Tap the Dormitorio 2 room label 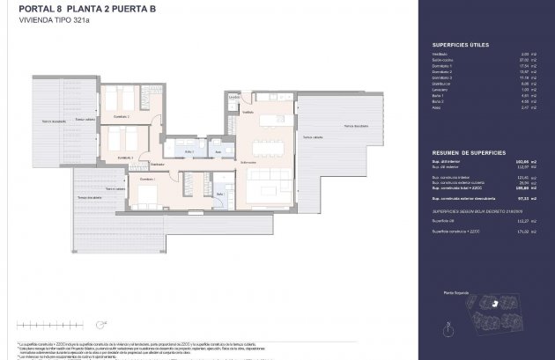coord(121,116)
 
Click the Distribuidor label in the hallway coord(158,165)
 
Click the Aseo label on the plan coord(218,152)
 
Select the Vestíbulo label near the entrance coord(248,113)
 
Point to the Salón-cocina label coord(248,162)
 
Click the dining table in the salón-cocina coord(266,147)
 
